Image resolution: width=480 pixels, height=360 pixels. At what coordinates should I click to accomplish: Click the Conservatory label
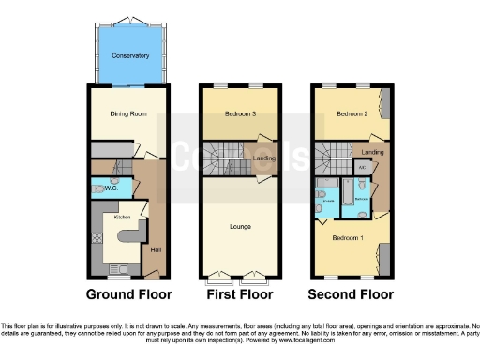pos(130,56)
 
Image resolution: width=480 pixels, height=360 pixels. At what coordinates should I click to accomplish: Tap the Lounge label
pos(240,226)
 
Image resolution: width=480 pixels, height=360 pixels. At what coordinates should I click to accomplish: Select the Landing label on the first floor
pos(263,158)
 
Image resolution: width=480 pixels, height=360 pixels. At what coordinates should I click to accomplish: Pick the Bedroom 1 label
pos(347,238)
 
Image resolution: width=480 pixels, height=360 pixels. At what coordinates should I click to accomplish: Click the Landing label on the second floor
pos(373,151)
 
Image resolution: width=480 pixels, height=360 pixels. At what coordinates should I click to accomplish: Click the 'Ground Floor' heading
pos(129,293)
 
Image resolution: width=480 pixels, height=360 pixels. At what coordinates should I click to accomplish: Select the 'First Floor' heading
pos(240,293)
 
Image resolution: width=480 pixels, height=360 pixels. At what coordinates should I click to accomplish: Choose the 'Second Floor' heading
pos(352,293)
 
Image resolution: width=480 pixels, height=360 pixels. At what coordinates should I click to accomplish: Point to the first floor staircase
pos(225,156)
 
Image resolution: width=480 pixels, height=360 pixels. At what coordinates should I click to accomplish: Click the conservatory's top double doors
pos(130,20)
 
